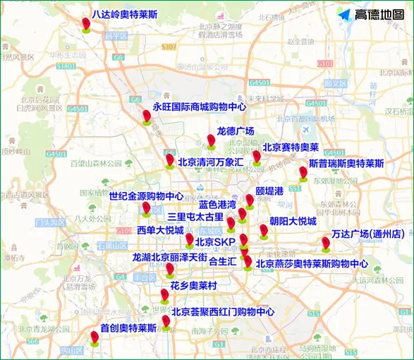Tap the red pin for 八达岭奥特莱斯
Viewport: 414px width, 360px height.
[86, 23]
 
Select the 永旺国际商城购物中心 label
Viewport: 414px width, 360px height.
[199, 107]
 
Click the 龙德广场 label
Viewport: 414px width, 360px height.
[235, 131]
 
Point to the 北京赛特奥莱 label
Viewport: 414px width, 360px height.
[291, 148]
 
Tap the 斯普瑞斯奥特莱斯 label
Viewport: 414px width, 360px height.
[346, 163]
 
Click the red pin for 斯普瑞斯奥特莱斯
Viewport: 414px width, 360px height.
[303, 172]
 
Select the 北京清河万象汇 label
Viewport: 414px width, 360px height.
[210, 162]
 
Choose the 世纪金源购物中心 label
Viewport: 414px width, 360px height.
[147, 196]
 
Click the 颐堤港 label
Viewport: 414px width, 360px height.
[269, 191]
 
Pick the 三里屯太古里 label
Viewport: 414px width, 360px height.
[195, 217]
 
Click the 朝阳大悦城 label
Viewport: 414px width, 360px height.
[293, 221]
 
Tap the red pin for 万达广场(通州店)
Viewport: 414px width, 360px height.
[326, 244]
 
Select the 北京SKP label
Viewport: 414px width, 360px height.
[215, 242]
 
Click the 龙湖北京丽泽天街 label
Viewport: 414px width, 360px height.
[169, 258]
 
